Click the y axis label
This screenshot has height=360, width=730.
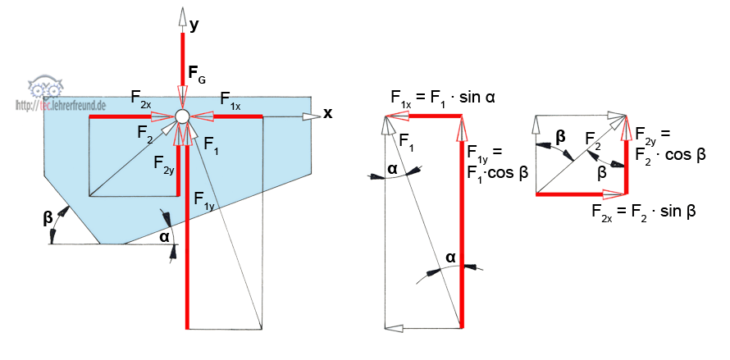click(x=194, y=25)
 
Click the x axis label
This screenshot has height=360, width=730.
click(x=328, y=113)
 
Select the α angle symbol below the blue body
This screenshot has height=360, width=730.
click(x=164, y=236)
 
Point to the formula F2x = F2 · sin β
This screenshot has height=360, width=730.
click(x=644, y=212)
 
